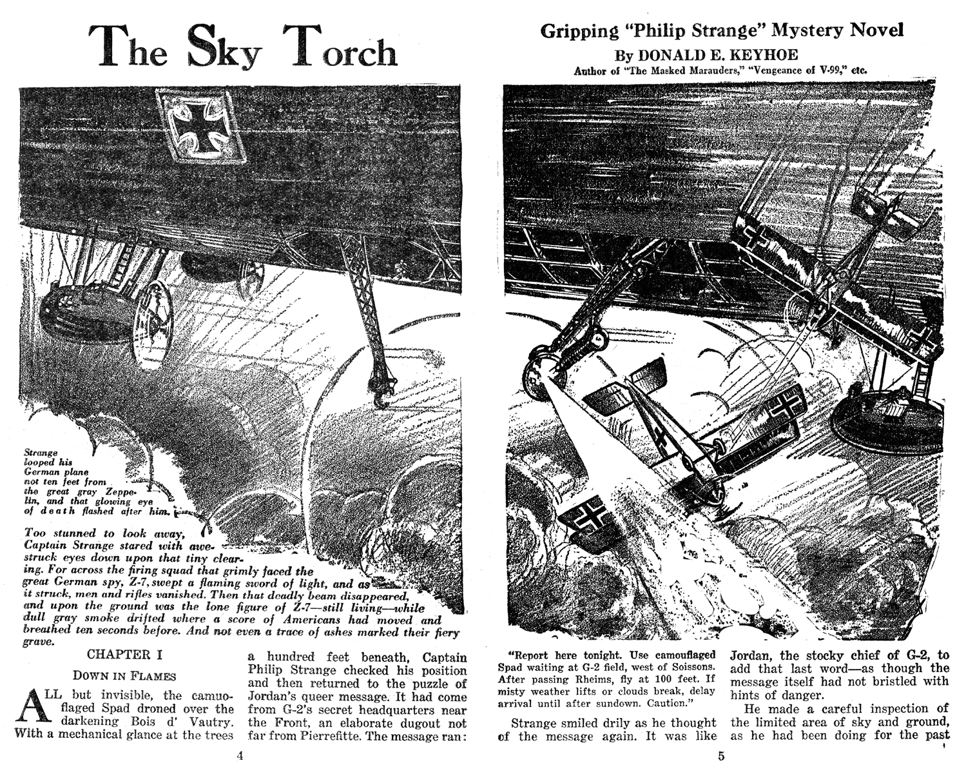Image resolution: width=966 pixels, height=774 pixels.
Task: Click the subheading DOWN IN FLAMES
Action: tap(124, 676)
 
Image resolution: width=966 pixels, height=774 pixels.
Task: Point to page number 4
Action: tap(240, 755)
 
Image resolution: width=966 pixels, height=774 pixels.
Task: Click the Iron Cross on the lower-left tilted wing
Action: tap(586, 515)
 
